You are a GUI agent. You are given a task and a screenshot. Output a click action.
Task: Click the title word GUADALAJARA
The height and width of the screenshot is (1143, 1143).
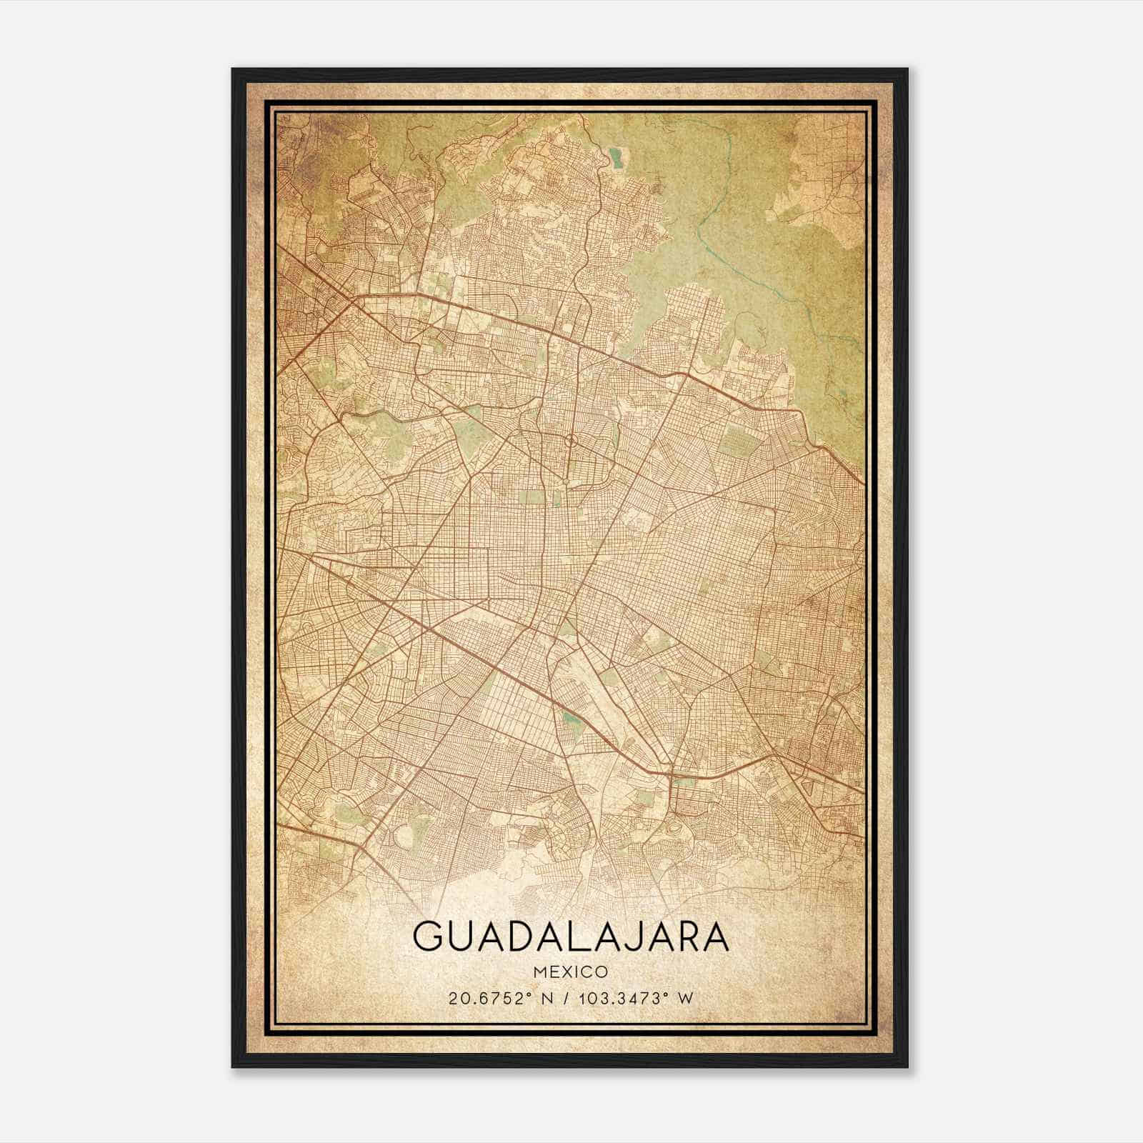[570, 937]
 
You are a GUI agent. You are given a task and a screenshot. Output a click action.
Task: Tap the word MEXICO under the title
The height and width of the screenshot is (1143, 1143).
[570, 972]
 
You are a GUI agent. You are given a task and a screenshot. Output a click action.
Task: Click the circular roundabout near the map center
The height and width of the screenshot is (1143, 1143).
[570, 441]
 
